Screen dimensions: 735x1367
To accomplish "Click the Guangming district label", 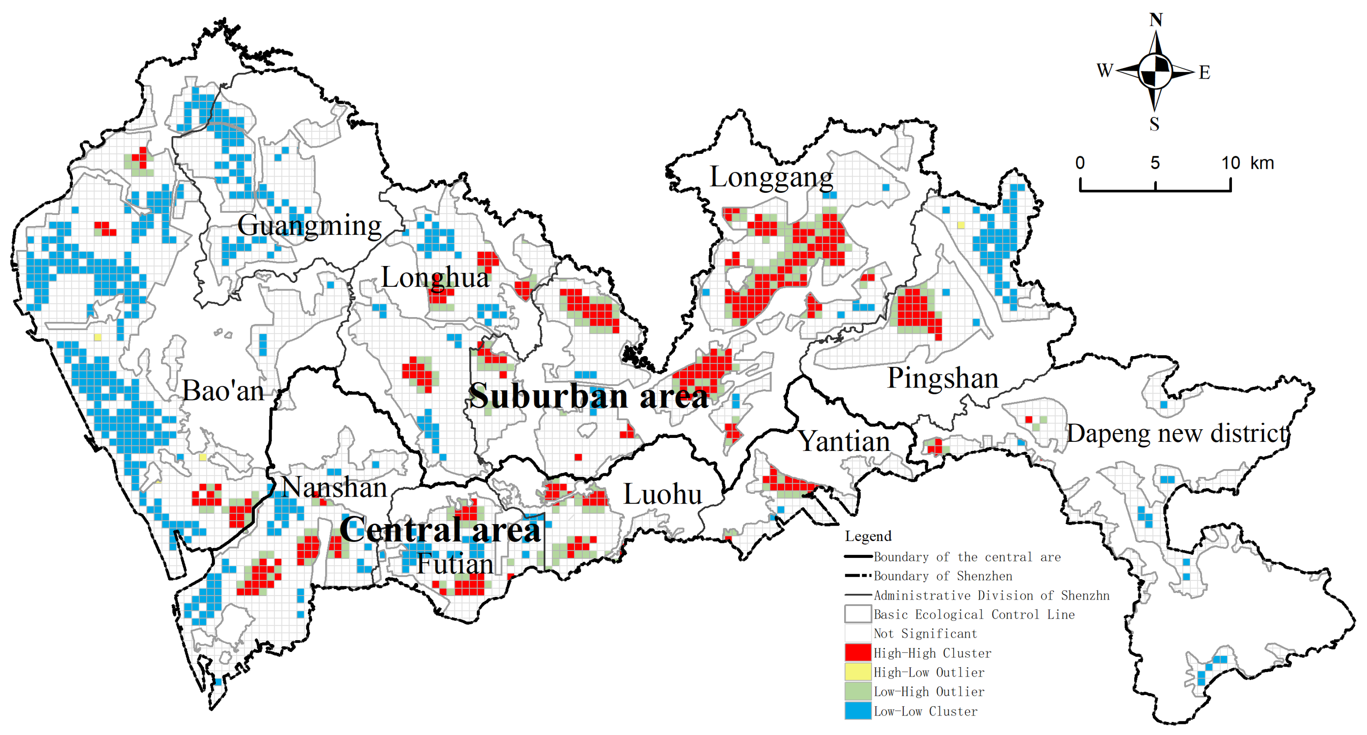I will pyautogui.click(x=309, y=226).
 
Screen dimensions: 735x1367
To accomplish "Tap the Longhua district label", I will pyautogui.click(x=435, y=278).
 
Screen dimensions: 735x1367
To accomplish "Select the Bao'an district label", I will pyautogui.click(x=223, y=392).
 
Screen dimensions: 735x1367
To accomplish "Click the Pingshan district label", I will pyautogui.click(x=943, y=379).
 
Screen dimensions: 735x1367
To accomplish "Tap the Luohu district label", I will pyautogui.click(x=662, y=494).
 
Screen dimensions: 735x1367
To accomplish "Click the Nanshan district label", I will pyautogui.click(x=334, y=488).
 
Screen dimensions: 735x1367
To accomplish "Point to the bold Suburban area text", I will pyautogui.click(x=588, y=397).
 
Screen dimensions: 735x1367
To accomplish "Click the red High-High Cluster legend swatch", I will pyautogui.click(x=858, y=653).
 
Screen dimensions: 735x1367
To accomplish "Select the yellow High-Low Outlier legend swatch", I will pyautogui.click(x=858, y=672).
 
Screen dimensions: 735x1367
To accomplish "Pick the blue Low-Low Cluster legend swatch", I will pyautogui.click(x=858, y=711).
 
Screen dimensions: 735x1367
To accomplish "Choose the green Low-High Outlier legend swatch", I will pyautogui.click(x=858, y=691).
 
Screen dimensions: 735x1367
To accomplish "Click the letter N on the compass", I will pyautogui.click(x=1156, y=20).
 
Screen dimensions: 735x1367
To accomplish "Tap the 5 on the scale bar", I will pyautogui.click(x=1155, y=163).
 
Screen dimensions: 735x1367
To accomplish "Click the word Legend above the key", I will pyautogui.click(x=868, y=536).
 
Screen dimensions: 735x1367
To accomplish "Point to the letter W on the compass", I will pyautogui.click(x=1105, y=70).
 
